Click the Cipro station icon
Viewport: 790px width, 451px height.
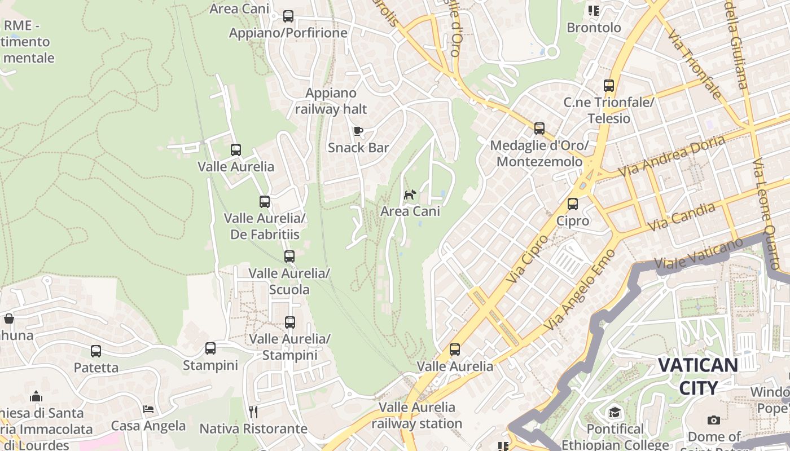coord(573,204)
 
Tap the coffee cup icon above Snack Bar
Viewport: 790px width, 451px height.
coord(358,131)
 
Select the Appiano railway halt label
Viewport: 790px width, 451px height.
coord(331,101)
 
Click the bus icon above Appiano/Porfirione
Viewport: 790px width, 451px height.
coord(288,16)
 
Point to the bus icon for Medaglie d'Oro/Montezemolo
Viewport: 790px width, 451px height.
coord(539,129)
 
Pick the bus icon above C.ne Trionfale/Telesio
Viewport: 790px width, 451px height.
coord(608,86)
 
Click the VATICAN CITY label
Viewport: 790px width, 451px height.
coord(697,377)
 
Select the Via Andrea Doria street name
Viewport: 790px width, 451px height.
coord(671,155)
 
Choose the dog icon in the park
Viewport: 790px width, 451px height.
coord(410,195)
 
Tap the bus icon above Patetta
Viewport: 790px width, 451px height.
coord(96,351)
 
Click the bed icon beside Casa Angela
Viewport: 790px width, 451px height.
coord(148,409)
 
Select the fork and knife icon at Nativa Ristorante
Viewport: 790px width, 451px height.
coord(253,412)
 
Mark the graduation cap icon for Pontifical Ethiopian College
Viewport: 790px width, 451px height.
coord(615,413)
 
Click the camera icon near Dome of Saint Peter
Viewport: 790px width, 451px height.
coord(714,420)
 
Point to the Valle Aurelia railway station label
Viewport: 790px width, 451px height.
coord(416,415)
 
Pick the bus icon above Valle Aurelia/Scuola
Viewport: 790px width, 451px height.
coord(289,257)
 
